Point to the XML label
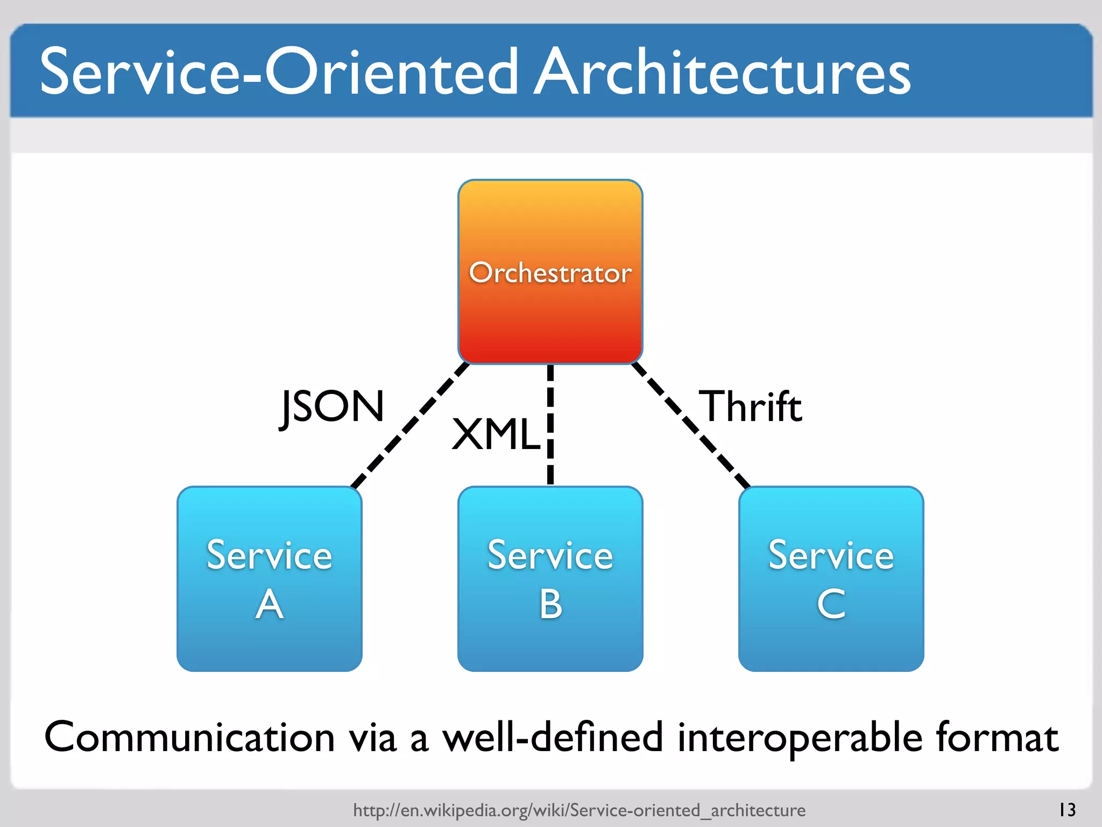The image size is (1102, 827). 495,434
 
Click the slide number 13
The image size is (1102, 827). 1067,810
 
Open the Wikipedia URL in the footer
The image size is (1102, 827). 579,810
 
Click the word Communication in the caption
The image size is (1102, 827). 189,737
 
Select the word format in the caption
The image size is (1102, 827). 997,737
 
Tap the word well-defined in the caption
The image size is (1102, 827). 553,737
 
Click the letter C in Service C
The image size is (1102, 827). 831,604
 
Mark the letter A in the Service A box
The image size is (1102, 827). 269,604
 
